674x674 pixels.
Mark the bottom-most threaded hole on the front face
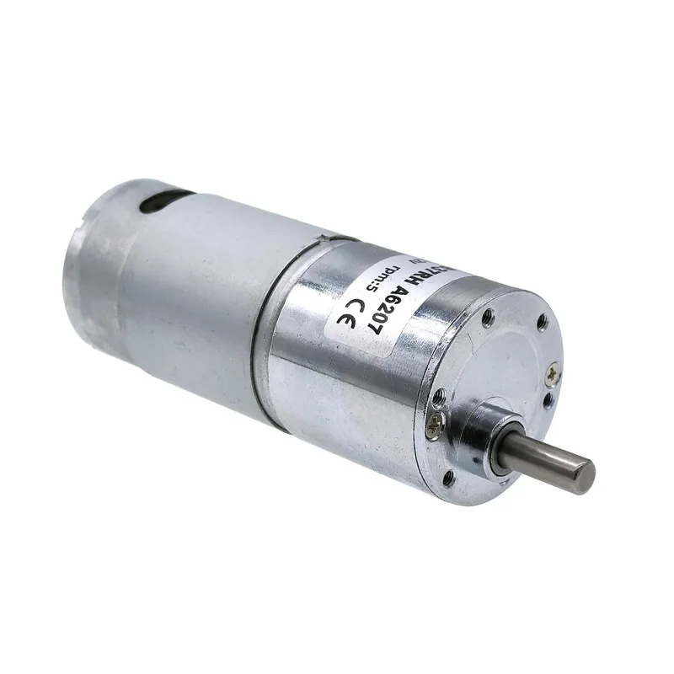click(x=447, y=477)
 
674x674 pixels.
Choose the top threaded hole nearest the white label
click(x=487, y=318)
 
